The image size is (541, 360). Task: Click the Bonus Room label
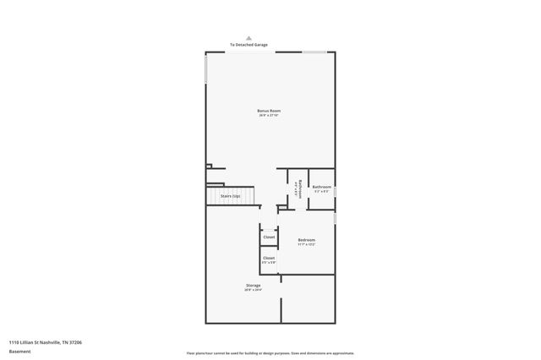click(269, 111)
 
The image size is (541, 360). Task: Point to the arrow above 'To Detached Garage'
click(249, 37)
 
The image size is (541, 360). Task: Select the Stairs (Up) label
click(230, 196)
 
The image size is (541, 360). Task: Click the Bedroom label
click(306, 240)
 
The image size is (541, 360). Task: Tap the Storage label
click(254, 286)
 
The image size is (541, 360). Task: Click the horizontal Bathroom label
click(322, 187)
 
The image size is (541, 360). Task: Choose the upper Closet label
click(269, 237)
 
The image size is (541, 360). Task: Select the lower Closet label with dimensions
click(269, 258)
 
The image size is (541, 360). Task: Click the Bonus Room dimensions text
click(269, 116)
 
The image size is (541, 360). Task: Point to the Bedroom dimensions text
click(306, 245)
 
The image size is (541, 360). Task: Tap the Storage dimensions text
click(254, 291)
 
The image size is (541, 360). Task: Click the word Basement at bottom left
click(19, 350)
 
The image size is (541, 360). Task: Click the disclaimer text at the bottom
click(270, 352)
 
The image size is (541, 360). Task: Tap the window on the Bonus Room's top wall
click(315, 52)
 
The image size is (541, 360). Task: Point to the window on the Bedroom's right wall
click(336, 218)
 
